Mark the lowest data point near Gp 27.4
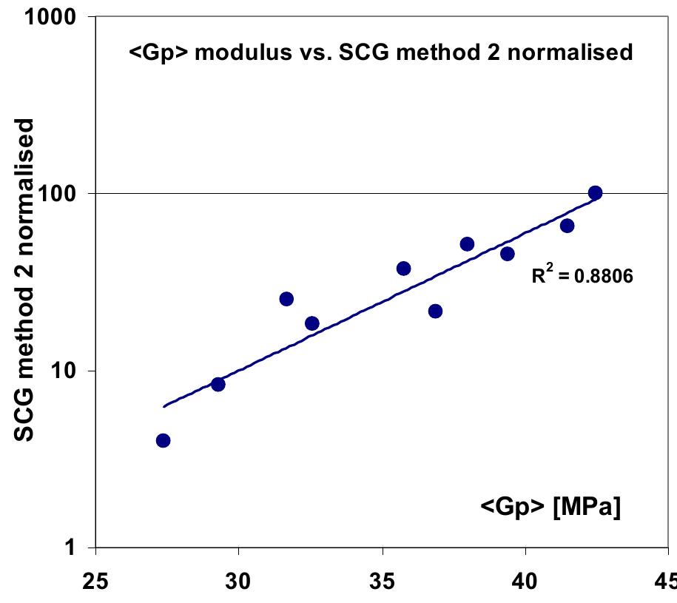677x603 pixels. click(x=164, y=440)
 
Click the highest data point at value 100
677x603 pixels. click(x=595, y=193)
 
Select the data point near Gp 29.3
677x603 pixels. click(x=218, y=384)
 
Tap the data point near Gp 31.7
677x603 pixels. click(x=286, y=299)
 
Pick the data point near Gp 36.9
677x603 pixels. click(x=435, y=311)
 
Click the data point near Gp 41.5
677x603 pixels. click(x=567, y=226)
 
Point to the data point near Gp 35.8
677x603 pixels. click(x=404, y=269)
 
